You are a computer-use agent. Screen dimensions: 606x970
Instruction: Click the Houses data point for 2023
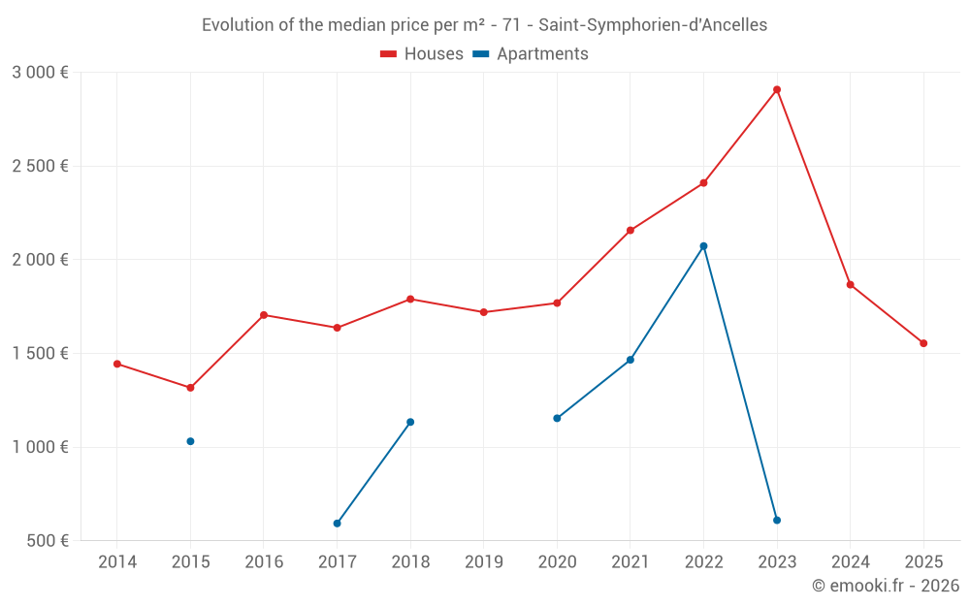tap(777, 90)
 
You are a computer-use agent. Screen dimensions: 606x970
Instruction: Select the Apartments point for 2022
tap(703, 246)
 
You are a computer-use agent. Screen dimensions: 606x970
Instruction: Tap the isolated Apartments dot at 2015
tap(190, 441)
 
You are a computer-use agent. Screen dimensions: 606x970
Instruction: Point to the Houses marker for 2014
tap(117, 364)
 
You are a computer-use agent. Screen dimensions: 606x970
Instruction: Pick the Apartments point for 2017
tap(337, 524)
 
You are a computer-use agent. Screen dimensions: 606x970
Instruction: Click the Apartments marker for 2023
tap(777, 521)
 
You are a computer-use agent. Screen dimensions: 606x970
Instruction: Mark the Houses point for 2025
tap(923, 343)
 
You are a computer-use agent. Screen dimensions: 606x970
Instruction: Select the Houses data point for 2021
tap(630, 230)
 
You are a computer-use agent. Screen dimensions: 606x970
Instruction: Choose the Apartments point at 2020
tap(557, 418)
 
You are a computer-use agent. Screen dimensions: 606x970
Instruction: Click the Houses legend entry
tap(422, 54)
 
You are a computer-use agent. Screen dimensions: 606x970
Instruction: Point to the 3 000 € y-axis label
tap(40, 72)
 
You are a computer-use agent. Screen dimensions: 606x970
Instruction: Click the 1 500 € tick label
tap(40, 353)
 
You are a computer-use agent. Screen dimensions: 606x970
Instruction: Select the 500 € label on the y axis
tap(47, 540)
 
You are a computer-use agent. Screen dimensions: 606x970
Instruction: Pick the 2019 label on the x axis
tap(483, 561)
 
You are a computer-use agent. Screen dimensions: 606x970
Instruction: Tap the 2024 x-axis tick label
tap(850, 561)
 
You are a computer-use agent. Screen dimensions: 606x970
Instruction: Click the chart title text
tap(484, 25)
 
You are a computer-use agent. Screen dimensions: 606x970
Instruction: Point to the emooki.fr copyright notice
tap(885, 586)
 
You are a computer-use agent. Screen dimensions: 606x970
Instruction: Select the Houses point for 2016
tap(264, 315)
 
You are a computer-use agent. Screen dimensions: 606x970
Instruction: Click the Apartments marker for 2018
tap(410, 422)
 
